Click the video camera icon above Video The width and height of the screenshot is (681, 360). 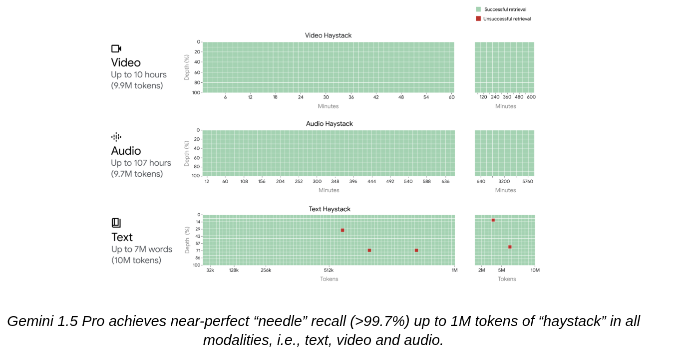(x=116, y=48)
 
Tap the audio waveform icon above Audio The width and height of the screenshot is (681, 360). (x=116, y=137)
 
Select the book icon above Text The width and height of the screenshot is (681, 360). (x=116, y=223)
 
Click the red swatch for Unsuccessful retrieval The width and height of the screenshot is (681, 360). (x=478, y=18)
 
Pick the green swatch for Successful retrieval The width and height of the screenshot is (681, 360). (x=478, y=9)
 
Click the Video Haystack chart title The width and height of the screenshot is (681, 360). (x=328, y=35)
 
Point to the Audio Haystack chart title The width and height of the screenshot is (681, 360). (x=329, y=124)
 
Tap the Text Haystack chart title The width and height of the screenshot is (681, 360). (x=330, y=209)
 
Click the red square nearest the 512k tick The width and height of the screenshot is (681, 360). (x=342, y=230)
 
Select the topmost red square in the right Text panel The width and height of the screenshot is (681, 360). (x=493, y=220)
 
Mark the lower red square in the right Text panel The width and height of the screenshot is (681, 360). (x=510, y=247)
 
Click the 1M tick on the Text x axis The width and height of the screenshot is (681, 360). (x=454, y=270)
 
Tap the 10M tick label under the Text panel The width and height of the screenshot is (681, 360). (x=535, y=270)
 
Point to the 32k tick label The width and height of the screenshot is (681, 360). (x=210, y=270)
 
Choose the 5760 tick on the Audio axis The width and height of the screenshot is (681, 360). (x=527, y=181)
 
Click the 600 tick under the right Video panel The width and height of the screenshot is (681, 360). (x=531, y=97)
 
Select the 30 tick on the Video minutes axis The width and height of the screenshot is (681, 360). (x=326, y=97)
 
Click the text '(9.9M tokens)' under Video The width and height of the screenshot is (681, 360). (x=137, y=85)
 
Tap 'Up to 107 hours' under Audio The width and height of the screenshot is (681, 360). (x=141, y=163)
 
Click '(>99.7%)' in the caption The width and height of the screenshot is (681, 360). (x=379, y=321)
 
